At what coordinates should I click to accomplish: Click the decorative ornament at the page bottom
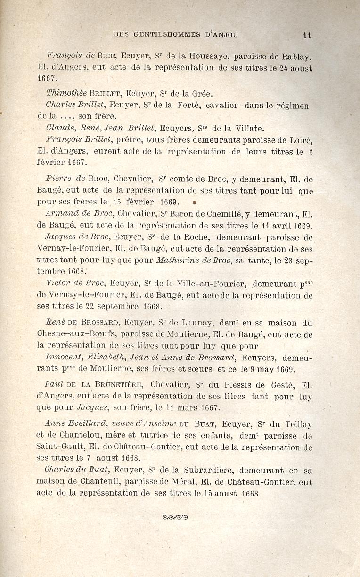(x=175, y=517)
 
